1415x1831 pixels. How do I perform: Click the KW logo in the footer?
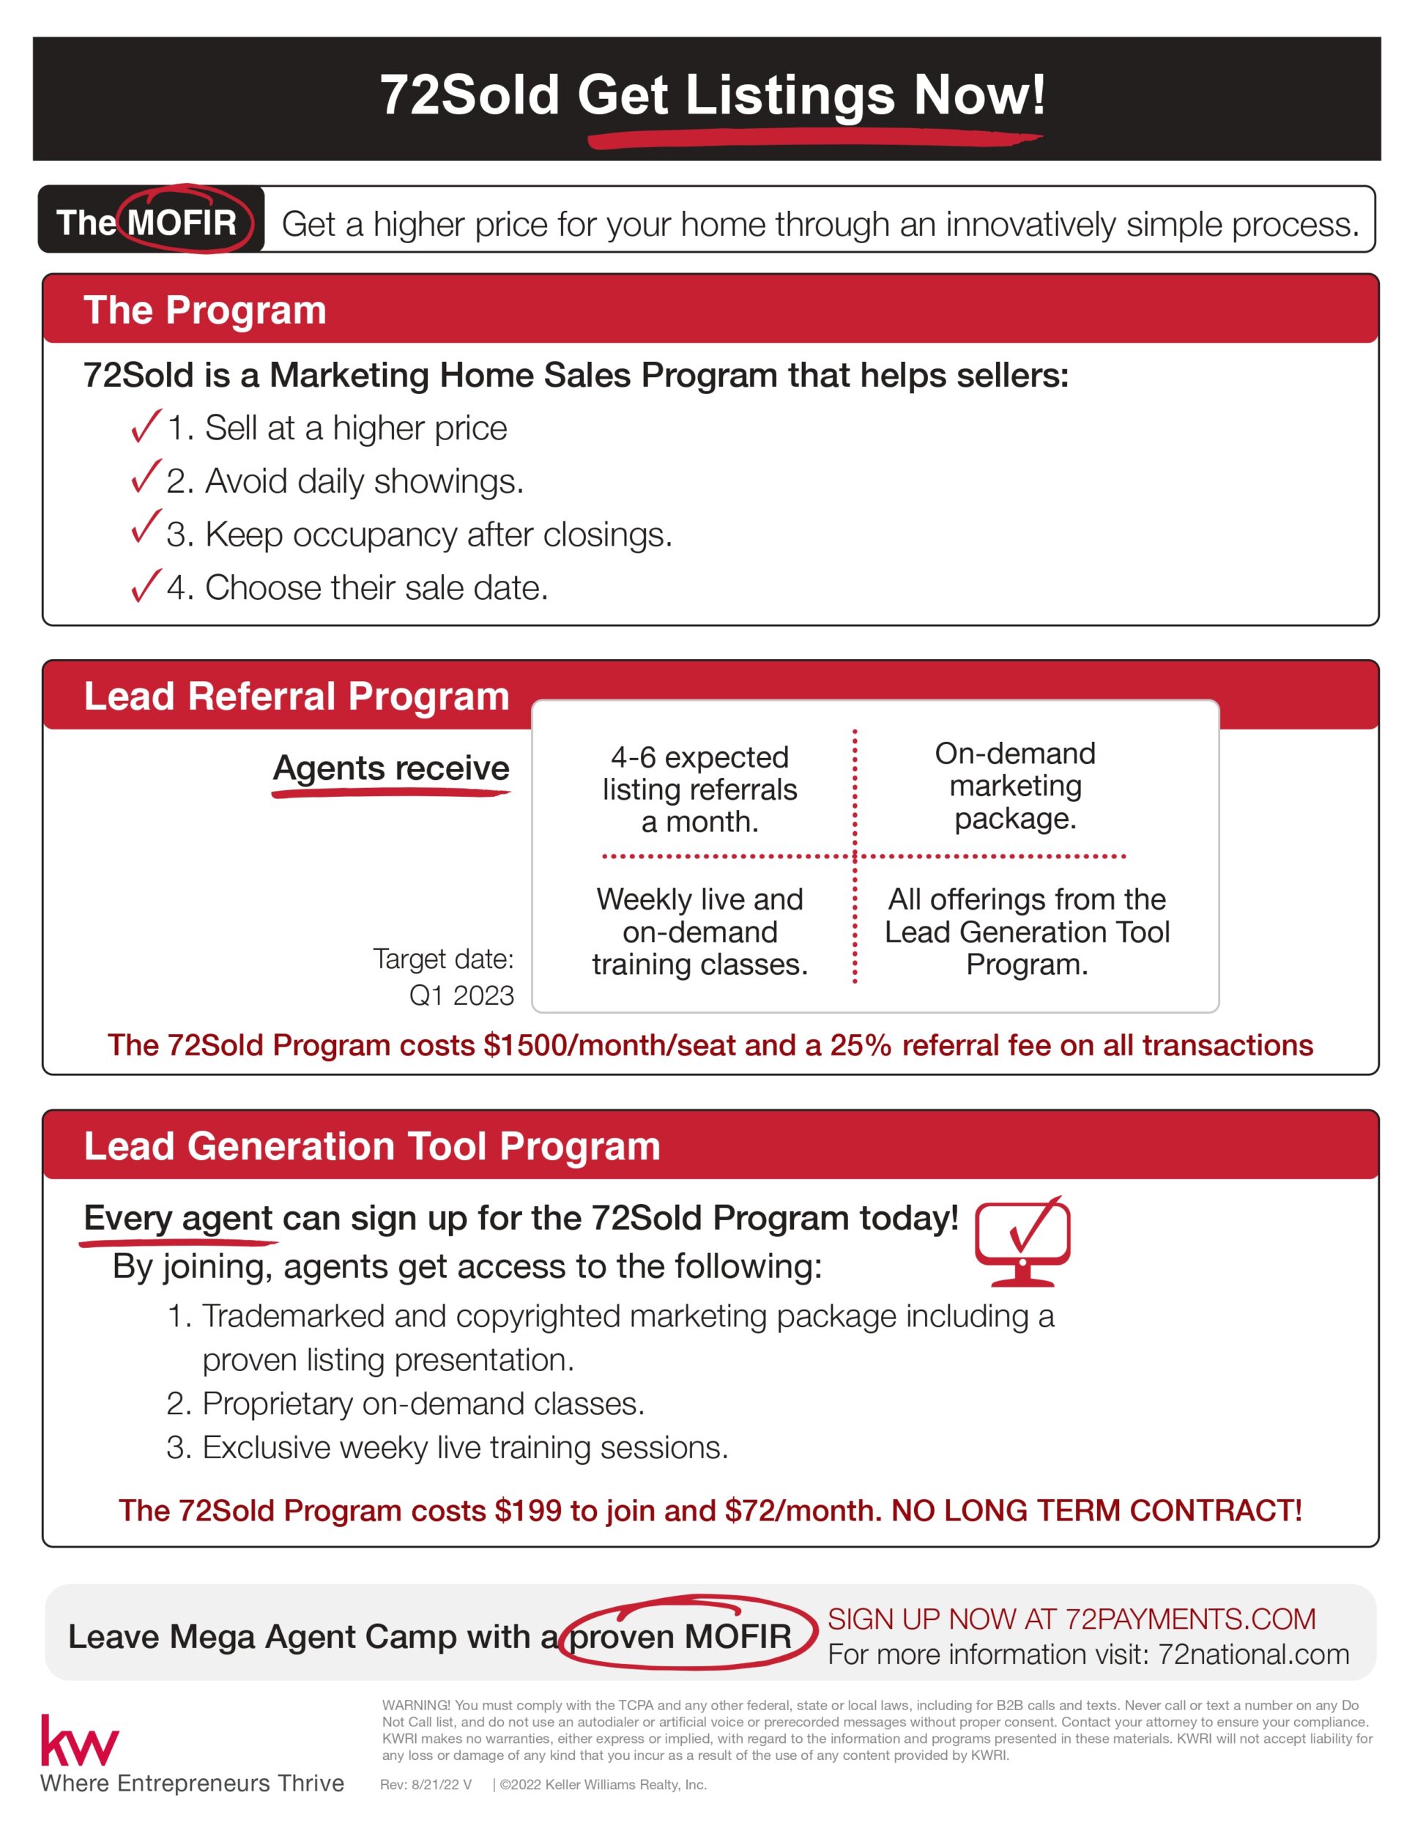tap(80, 1742)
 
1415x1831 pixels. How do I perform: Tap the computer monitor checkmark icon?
tap(1022, 1241)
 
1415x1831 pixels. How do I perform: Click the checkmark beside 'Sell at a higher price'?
tap(145, 427)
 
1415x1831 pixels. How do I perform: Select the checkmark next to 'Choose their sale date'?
tap(145, 586)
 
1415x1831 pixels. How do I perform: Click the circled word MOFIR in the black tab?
tap(183, 223)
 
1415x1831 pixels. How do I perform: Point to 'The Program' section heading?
tap(204, 311)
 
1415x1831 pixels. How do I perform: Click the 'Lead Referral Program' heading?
tap(296, 697)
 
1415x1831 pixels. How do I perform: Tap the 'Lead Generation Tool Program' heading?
tap(371, 1146)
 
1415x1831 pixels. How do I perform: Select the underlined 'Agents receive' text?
tap(390, 769)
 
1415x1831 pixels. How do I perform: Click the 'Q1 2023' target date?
tap(461, 996)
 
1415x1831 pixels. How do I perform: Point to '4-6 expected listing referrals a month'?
tap(700, 790)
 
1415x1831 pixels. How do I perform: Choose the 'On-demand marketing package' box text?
tap(1015, 787)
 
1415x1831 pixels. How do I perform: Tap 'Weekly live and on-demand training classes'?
tap(700, 932)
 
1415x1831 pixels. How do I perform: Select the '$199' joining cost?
tap(528, 1511)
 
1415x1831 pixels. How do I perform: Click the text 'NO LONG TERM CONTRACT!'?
tap(1096, 1511)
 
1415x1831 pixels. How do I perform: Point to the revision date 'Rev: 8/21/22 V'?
tap(426, 1785)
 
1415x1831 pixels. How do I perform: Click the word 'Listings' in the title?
tap(790, 94)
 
